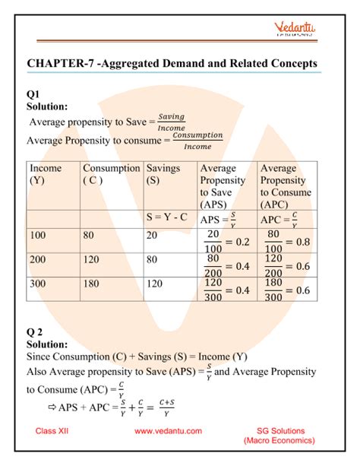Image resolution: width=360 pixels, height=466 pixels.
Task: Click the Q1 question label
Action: point(34,94)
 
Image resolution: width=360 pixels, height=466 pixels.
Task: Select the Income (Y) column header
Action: point(45,175)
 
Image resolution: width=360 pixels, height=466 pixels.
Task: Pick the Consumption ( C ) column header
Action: point(111,175)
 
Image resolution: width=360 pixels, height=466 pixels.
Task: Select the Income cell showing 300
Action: point(39,284)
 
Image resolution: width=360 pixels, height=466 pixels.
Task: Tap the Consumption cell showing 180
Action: point(92,284)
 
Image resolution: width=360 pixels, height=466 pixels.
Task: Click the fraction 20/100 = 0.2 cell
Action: point(226,243)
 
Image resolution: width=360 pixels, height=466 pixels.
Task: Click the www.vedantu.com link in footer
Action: point(168,431)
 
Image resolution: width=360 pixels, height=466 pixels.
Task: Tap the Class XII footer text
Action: point(55,431)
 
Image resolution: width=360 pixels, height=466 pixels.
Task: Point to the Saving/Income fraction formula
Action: point(172,122)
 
